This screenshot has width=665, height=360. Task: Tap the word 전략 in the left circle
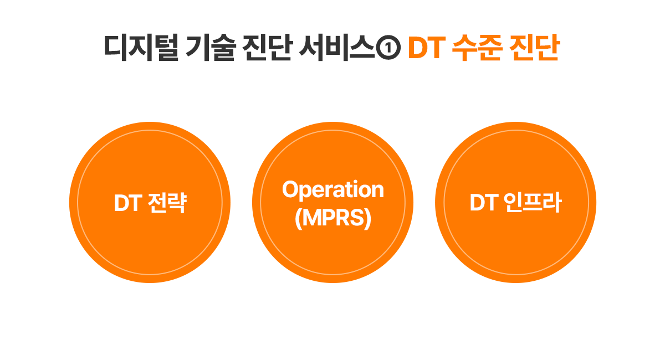[x=167, y=203]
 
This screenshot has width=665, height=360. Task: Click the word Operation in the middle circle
[x=332, y=190]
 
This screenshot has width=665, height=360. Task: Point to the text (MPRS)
[x=332, y=218]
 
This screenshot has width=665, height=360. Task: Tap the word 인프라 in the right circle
[x=533, y=203]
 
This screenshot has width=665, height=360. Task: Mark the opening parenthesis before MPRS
[x=299, y=219]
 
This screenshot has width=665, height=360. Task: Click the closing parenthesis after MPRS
[x=367, y=219]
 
